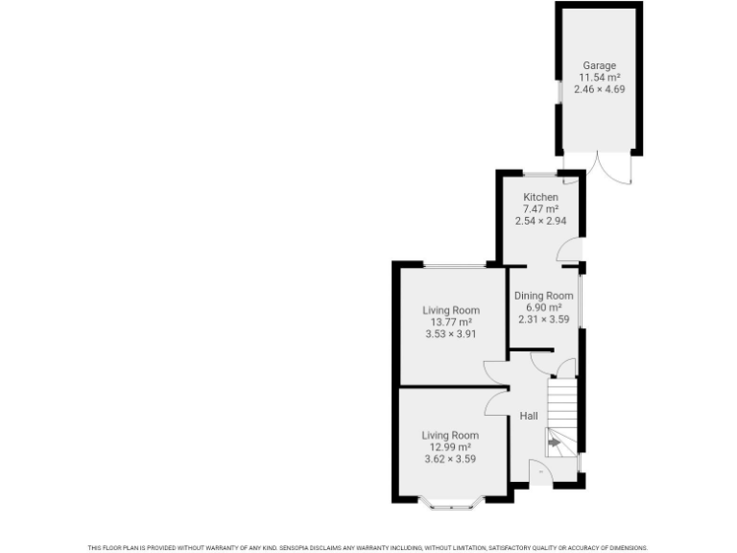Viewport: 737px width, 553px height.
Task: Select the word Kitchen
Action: point(540,197)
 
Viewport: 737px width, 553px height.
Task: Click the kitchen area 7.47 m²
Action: point(540,208)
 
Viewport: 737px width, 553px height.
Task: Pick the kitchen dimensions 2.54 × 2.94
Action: point(540,220)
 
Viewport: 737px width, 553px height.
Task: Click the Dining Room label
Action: point(544,296)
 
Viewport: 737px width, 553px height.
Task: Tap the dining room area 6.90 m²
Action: point(544,307)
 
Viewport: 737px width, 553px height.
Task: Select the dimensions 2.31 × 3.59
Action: point(544,319)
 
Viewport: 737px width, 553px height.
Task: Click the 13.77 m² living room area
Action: point(451,323)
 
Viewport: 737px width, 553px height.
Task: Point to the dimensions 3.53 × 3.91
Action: point(451,334)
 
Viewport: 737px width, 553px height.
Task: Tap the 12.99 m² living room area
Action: point(450,447)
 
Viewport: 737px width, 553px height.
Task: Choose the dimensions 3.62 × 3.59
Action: point(450,459)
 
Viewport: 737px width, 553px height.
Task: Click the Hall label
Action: point(528,416)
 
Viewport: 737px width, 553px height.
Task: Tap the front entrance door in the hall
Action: point(540,472)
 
